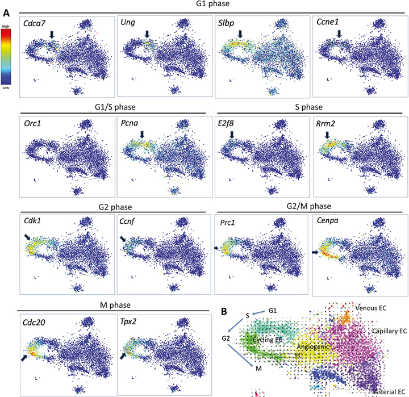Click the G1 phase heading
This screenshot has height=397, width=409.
click(x=212, y=7)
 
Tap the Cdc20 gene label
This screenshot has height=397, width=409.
click(x=35, y=322)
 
